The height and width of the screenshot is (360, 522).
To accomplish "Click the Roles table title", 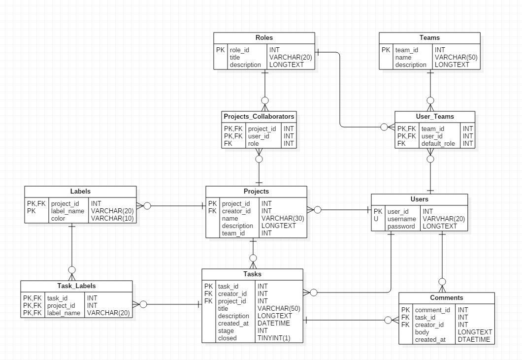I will point(264,38).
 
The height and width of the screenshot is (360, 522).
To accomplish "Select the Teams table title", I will point(429,38).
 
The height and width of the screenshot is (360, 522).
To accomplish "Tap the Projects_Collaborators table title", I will point(259,117).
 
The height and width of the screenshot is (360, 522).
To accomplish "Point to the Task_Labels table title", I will point(76,286).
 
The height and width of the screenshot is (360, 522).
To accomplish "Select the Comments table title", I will point(446,298).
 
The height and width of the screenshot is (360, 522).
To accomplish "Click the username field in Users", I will point(401,219).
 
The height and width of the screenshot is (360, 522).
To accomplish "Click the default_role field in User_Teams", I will point(438,144).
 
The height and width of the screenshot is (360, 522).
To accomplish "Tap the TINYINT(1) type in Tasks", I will point(274,338).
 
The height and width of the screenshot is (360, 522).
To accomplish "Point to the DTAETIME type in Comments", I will point(474,340).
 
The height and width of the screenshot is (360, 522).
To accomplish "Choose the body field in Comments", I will point(423,332).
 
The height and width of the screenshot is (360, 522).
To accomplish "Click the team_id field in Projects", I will point(233,233).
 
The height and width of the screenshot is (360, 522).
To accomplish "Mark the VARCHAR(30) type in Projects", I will point(282,219).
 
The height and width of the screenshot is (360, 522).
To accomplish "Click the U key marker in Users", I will point(376,219).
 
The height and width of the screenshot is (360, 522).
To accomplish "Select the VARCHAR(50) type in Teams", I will point(456,58).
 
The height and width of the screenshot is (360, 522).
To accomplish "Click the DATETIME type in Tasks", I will point(273,324).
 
